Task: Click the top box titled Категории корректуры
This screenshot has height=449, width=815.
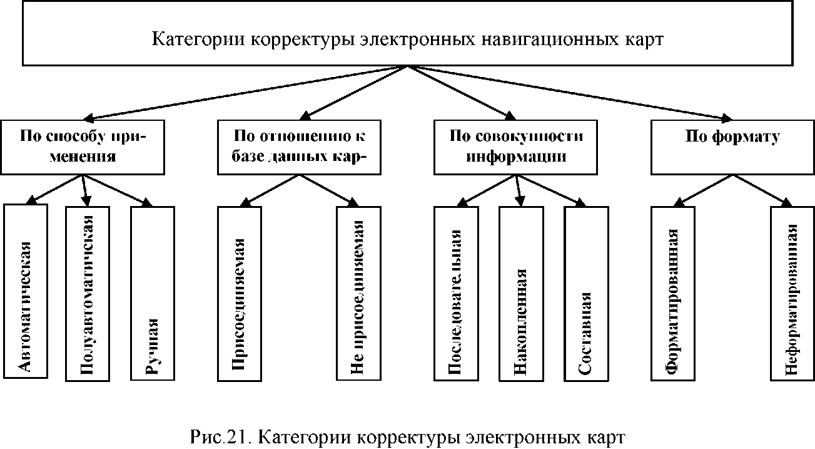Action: pyautogui.click(x=408, y=39)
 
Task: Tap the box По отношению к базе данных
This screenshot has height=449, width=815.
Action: pyautogui.click(x=298, y=147)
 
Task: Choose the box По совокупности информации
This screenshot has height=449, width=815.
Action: pyautogui.click(x=516, y=147)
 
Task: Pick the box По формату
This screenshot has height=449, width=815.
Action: pyautogui.click(x=732, y=147)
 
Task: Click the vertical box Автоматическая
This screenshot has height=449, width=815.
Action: pyautogui.click(x=25, y=291)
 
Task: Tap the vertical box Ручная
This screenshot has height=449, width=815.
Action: pyautogui.click(x=152, y=292)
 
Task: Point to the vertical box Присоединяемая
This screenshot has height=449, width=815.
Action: pyautogui.click(x=240, y=292)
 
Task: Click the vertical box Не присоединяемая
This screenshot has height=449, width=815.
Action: pyautogui.click(x=358, y=292)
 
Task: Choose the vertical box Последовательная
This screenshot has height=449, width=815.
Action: pyautogui.click(x=456, y=292)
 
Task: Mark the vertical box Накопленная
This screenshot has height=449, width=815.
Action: pyautogui.click(x=520, y=292)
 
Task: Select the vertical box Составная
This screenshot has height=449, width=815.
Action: pyautogui.click(x=585, y=292)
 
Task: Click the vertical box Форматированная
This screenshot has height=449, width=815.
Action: pyautogui.click(x=673, y=292)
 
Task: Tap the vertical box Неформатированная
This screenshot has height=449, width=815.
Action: pyautogui.click(x=792, y=292)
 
